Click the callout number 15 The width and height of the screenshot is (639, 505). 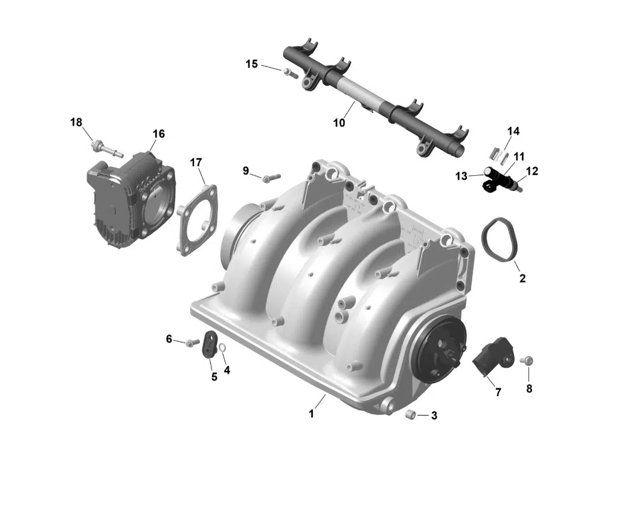click(x=251, y=64)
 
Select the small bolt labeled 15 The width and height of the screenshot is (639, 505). click(x=288, y=73)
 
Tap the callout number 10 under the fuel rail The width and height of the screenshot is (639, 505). click(x=339, y=123)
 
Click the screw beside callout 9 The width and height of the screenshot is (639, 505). click(x=271, y=178)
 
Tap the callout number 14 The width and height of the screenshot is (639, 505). click(x=513, y=131)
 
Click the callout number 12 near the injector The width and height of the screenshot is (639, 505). click(x=531, y=172)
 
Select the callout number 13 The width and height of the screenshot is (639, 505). click(x=461, y=176)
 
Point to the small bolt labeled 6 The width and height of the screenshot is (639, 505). click(x=191, y=343)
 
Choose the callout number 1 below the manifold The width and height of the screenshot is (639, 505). click(x=312, y=414)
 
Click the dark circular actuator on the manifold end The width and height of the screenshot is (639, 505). click(x=440, y=352)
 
